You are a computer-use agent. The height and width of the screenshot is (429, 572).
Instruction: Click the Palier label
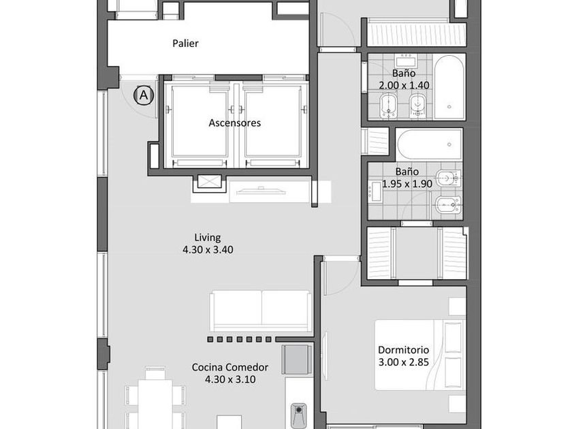click(x=185, y=44)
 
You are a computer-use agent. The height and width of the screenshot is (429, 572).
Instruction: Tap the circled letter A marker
click(x=144, y=95)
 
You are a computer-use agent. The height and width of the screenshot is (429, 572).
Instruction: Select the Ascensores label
click(x=234, y=123)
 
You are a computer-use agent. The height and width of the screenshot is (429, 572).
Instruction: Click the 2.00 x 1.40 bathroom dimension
click(x=404, y=85)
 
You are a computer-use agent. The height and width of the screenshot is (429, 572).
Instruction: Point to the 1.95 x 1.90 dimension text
click(x=407, y=184)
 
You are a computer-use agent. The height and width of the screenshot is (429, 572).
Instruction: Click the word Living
click(x=207, y=238)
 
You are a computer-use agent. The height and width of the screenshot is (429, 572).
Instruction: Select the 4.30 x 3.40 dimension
click(x=208, y=250)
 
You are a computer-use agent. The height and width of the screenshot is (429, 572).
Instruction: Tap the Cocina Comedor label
click(x=230, y=367)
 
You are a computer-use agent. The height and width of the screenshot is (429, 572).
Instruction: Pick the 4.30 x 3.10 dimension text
click(x=230, y=379)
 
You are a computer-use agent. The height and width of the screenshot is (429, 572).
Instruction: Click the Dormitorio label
click(x=403, y=350)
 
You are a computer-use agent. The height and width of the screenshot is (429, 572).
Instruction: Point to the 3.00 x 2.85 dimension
click(x=403, y=362)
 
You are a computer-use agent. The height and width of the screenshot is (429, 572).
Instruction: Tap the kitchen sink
click(x=299, y=415)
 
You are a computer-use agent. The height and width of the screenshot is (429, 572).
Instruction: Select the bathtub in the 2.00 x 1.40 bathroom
click(x=449, y=87)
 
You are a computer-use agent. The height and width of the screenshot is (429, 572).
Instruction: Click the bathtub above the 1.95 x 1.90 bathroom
click(x=430, y=144)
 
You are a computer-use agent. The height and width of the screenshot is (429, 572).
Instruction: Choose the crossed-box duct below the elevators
click(x=210, y=182)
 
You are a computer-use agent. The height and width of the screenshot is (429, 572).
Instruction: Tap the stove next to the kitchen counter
click(x=297, y=360)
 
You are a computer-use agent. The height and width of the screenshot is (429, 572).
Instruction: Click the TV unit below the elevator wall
click(x=261, y=192)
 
